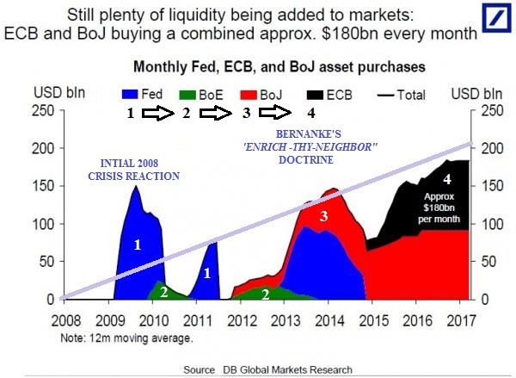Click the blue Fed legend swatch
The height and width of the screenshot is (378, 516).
click(x=130, y=94)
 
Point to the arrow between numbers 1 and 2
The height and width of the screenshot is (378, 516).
click(x=157, y=112)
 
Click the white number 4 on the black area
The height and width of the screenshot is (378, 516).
click(x=446, y=180)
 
